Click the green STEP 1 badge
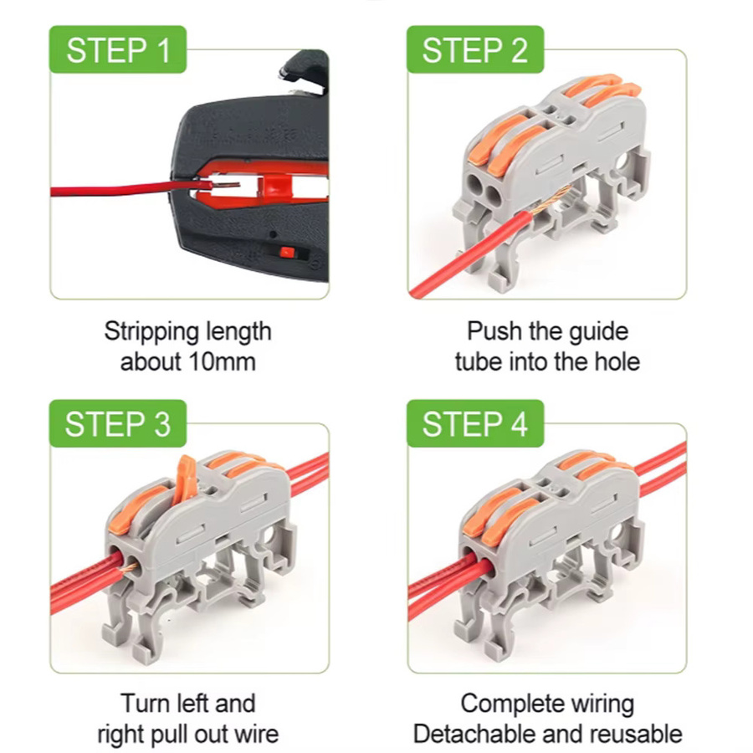pos(118,49)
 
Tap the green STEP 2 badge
pos(475,49)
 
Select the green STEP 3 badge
pos(118,423)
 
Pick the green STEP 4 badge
pos(475,423)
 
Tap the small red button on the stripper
pos(287,252)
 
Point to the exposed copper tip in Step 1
pos(227,185)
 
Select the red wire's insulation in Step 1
pos(131,188)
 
